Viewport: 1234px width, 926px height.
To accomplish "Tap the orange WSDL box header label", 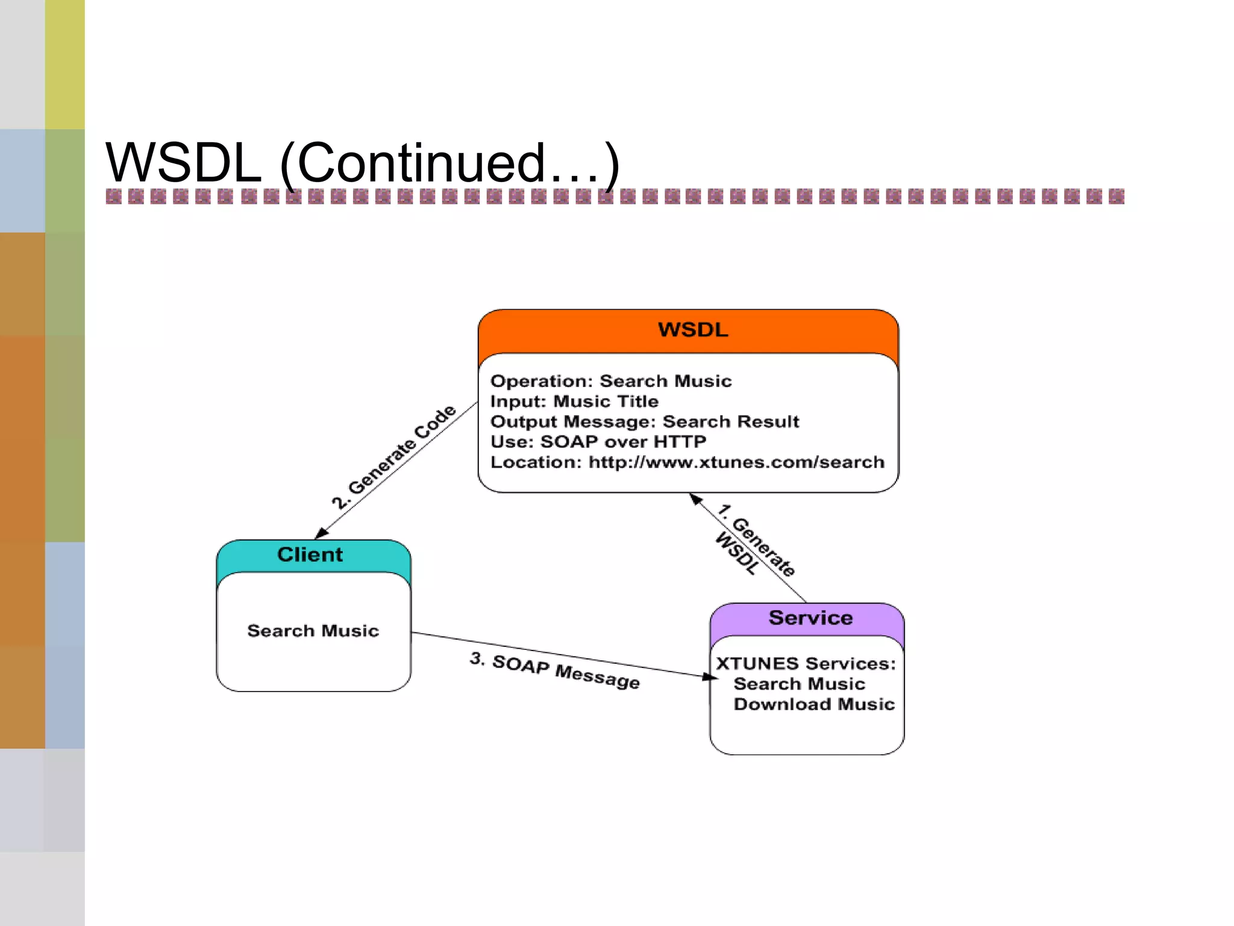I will (x=693, y=330).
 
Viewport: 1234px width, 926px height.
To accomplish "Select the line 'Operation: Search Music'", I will (x=611, y=381).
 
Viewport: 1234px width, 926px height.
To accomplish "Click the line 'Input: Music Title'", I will (x=574, y=402).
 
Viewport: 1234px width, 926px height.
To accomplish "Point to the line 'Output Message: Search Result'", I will (x=645, y=421).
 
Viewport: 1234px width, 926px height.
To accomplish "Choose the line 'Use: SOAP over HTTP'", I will (x=598, y=442).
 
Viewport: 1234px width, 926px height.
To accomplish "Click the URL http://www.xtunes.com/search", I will (x=736, y=462).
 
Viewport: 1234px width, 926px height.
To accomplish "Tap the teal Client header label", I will (x=310, y=555).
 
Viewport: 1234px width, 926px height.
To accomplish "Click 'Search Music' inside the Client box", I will (x=313, y=631).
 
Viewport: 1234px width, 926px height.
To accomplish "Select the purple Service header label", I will (x=810, y=618).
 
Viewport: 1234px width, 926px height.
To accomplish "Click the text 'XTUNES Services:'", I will (x=806, y=664).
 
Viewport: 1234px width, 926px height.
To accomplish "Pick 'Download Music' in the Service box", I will (x=814, y=704).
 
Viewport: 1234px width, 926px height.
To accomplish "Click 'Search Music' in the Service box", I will (x=799, y=684).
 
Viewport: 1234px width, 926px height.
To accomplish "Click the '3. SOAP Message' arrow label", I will (x=555, y=670).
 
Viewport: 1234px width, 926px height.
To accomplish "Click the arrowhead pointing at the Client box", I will (x=322, y=533).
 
